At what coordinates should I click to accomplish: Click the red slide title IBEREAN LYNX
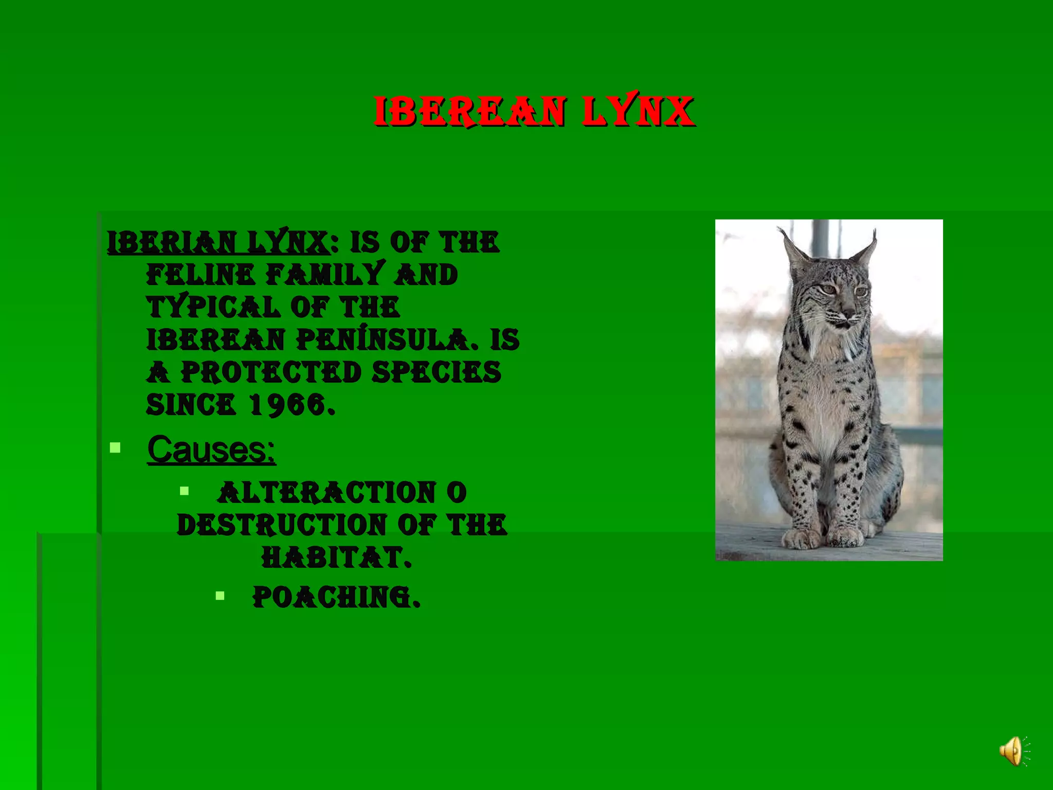pyautogui.click(x=534, y=111)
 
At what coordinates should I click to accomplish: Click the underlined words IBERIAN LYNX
pyautogui.click(x=218, y=242)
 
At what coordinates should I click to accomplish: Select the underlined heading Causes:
pyautogui.click(x=211, y=450)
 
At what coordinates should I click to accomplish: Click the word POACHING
pyautogui.click(x=336, y=597)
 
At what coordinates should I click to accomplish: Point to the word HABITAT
pyautogui.click(x=336, y=557)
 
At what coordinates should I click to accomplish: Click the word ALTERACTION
pyautogui.click(x=326, y=492)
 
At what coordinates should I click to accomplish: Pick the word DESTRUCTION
pyautogui.click(x=281, y=525)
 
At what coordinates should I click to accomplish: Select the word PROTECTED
pyautogui.click(x=271, y=372)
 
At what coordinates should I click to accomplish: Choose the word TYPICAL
pyautogui.click(x=213, y=307)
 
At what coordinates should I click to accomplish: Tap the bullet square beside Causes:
pyautogui.click(x=115, y=448)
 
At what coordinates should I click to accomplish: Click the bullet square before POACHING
pyautogui.click(x=220, y=596)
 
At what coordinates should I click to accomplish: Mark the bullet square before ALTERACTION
pyautogui.click(x=185, y=491)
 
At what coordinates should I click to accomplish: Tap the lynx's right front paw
pyautogui.click(x=800, y=537)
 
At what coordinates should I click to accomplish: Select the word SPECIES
pyautogui.click(x=436, y=372)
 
